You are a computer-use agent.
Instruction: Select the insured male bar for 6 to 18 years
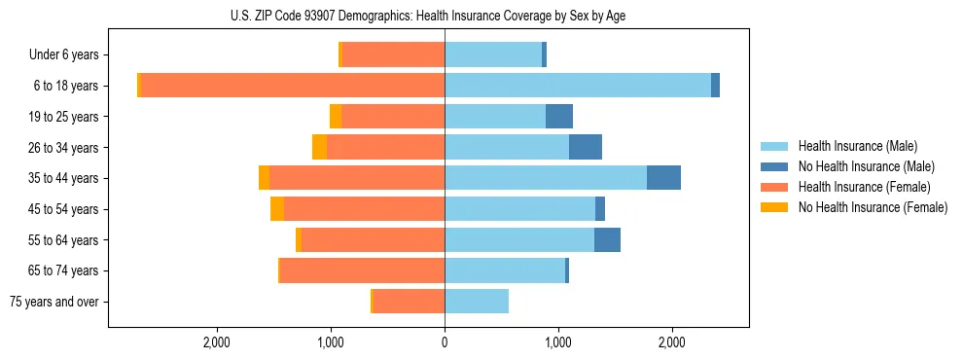click(x=578, y=86)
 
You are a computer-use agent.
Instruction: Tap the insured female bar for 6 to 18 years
click(x=293, y=86)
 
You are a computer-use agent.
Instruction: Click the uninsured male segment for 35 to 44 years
click(x=663, y=178)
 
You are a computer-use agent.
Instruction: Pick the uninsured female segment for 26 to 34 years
click(x=319, y=147)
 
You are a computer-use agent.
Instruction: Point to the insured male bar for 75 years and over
click(x=477, y=302)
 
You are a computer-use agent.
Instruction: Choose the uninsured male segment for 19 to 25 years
click(x=559, y=117)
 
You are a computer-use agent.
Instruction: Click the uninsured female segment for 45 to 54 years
click(x=277, y=209)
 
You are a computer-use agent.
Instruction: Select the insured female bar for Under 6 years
click(x=393, y=54)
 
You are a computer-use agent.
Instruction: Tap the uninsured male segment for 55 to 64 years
click(x=607, y=240)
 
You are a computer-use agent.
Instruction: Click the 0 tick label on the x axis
click(x=445, y=342)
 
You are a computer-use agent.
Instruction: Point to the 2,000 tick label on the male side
click(x=671, y=342)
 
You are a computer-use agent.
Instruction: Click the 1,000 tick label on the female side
click(x=331, y=342)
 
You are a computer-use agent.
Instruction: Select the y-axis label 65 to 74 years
click(x=63, y=271)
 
